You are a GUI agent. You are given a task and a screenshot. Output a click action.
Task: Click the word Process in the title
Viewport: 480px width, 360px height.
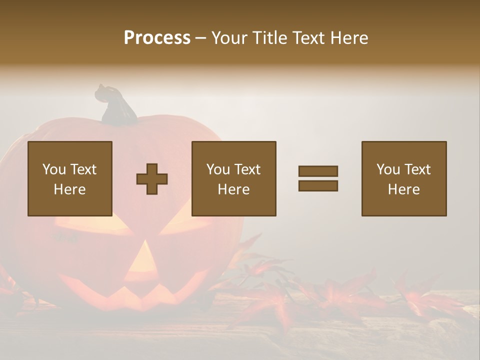pyautogui.click(x=157, y=38)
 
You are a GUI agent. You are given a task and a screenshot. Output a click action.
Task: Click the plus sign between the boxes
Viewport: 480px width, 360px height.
pyautogui.click(x=152, y=178)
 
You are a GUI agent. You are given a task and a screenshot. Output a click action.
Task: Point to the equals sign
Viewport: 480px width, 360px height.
pyautogui.click(x=318, y=178)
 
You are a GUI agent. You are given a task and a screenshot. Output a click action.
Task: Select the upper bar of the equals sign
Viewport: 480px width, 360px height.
pyautogui.click(x=318, y=171)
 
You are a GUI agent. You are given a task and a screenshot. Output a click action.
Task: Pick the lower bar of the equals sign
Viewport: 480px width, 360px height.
pyautogui.click(x=318, y=185)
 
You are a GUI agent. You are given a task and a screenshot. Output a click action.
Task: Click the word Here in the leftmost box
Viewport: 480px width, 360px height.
pyautogui.click(x=70, y=189)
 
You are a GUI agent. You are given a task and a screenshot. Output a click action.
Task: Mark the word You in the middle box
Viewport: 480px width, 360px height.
pyautogui.click(x=218, y=169)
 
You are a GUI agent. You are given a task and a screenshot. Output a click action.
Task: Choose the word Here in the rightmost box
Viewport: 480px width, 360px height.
pyautogui.click(x=404, y=189)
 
